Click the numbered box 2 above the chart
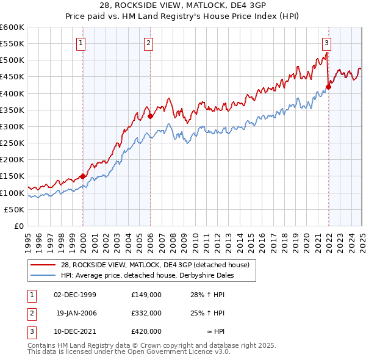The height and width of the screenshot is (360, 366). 149,43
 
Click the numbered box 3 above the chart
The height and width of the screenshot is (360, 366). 327,43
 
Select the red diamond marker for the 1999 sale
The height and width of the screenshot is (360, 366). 82,176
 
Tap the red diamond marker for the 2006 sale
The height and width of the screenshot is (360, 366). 150,116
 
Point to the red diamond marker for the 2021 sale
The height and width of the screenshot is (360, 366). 328,87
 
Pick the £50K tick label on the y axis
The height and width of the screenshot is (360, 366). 14,209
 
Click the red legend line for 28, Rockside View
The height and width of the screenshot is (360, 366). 43,265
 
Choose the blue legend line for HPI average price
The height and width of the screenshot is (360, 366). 43,275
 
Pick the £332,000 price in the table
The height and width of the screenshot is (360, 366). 146,313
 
